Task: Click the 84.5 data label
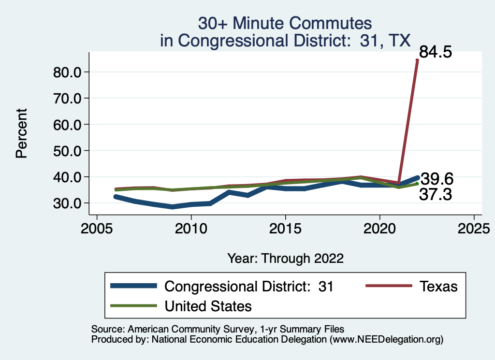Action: click(x=435, y=52)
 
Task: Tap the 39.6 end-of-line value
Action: click(x=437, y=179)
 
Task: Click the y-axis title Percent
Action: click(x=21, y=134)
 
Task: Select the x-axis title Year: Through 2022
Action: click(x=285, y=259)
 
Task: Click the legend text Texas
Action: click(x=438, y=286)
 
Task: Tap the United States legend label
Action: click(x=208, y=306)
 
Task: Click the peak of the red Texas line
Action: click(x=417, y=60)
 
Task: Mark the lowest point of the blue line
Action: click(x=172, y=207)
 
